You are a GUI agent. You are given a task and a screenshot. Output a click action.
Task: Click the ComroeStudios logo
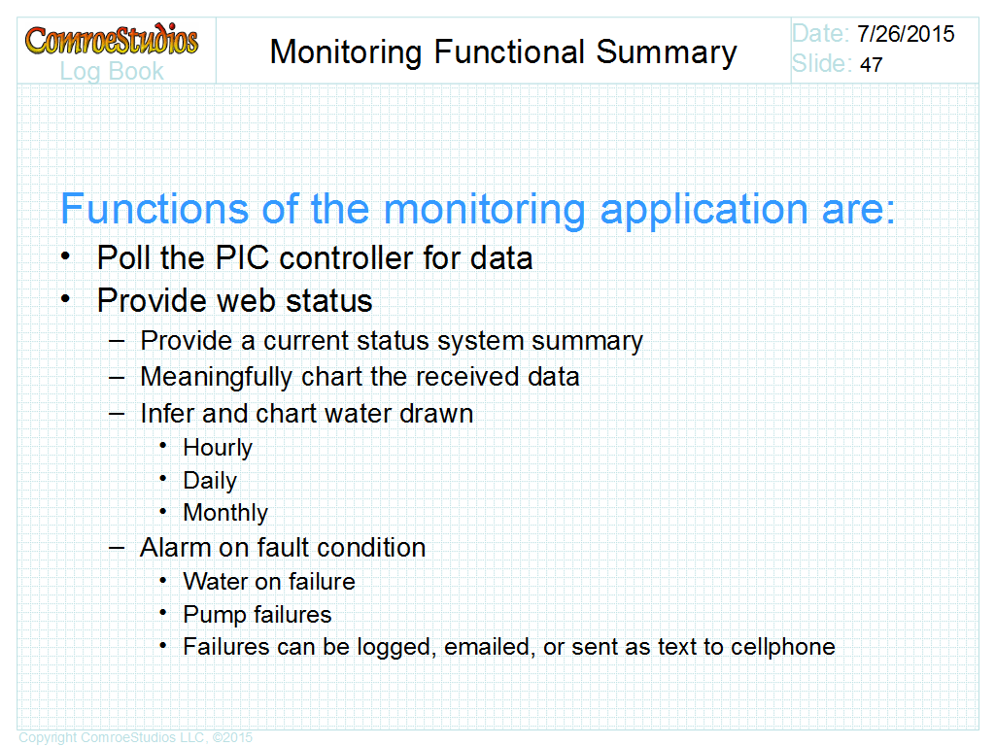point(112,39)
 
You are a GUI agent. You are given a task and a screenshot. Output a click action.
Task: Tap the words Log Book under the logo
point(112,72)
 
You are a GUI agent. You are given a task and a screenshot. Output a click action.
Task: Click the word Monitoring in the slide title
point(346,52)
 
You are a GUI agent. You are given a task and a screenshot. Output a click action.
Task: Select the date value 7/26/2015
point(906,34)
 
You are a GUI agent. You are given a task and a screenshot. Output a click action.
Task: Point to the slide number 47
point(872,64)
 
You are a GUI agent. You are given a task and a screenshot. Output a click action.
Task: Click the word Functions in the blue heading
point(154,209)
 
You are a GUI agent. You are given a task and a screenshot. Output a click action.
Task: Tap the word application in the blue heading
point(704,211)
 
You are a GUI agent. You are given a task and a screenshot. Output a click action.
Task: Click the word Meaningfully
point(217,378)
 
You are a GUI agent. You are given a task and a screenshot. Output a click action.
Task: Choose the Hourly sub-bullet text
point(218,448)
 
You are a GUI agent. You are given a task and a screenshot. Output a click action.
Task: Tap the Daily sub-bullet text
point(210,481)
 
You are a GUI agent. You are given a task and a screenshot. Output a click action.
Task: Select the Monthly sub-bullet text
point(225,513)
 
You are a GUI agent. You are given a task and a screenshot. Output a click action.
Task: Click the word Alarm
point(175,548)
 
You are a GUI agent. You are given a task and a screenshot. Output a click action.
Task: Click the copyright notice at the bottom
point(136,738)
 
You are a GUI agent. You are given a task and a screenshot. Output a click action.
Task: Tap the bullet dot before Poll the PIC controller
point(65,256)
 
